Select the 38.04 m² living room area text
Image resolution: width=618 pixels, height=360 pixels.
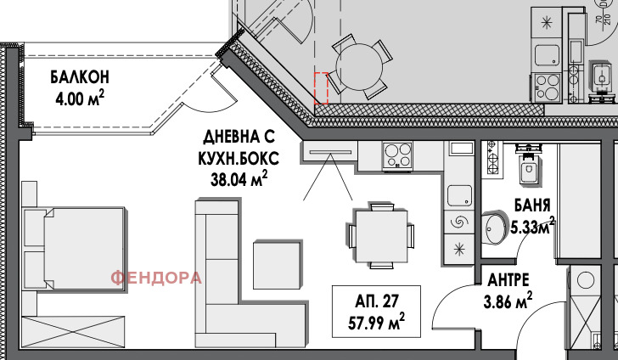[x=239, y=177]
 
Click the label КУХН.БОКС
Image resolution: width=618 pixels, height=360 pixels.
[x=239, y=158]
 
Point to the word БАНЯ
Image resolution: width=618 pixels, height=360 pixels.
[x=533, y=205]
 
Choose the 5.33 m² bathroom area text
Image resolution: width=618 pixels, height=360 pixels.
[x=533, y=226]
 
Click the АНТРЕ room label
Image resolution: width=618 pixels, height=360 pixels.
[x=509, y=278]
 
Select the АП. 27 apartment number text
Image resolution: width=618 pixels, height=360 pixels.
[x=378, y=301]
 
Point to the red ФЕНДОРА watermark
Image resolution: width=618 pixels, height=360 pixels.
[x=157, y=278]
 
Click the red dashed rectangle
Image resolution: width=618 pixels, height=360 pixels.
[x=321, y=88]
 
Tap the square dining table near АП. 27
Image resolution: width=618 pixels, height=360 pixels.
[x=380, y=233]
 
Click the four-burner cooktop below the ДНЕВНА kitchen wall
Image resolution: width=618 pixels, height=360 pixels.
[x=396, y=155]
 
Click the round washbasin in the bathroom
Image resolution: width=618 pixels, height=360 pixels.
[x=496, y=228]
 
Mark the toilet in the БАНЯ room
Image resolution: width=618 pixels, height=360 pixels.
[x=529, y=166]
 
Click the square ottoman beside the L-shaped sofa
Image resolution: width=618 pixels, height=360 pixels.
[x=276, y=265]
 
